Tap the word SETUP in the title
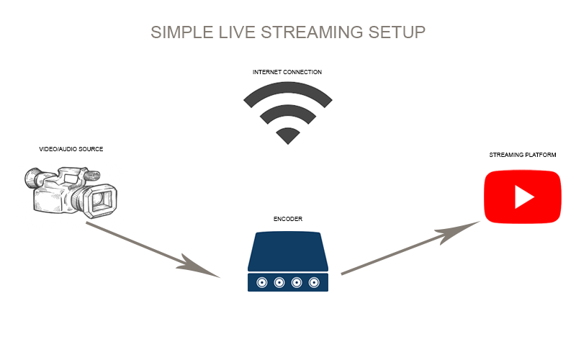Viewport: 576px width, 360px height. click(x=402, y=32)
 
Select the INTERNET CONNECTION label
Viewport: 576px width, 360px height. click(x=287, y=72)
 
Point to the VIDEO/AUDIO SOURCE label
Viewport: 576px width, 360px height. click(x=71, y=149)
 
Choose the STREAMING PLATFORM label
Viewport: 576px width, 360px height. click(x=523, y=155)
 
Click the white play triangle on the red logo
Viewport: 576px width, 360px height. click(x=523, y=197)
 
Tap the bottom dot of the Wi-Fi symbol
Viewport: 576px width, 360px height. click(x=288, y=135)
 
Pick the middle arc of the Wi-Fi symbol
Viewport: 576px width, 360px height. click(x=288, y=110)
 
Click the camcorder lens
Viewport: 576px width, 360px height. click(x=102, y=201)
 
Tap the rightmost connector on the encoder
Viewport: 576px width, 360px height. click(x=313, y=282)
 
